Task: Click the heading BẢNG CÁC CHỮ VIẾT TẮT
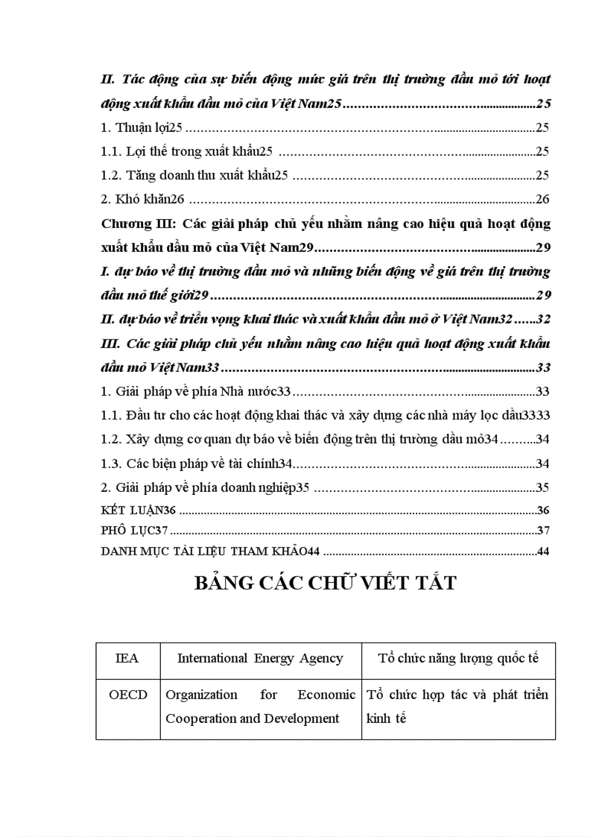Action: [325, 583]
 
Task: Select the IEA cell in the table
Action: [127, 658]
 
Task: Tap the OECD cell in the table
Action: [127, 695]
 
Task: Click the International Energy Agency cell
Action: [260, 658]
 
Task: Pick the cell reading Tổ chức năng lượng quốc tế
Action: [458, 658]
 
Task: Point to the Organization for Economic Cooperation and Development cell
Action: [260, 707]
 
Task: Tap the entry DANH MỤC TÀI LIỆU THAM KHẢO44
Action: [209, 552]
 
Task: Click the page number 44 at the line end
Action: [542, 552]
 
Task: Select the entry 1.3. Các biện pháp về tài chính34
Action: [196, 464]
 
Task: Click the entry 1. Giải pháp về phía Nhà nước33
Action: [195, 391]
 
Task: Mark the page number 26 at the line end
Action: [542, 200]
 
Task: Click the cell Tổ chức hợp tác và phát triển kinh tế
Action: [458, 707]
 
